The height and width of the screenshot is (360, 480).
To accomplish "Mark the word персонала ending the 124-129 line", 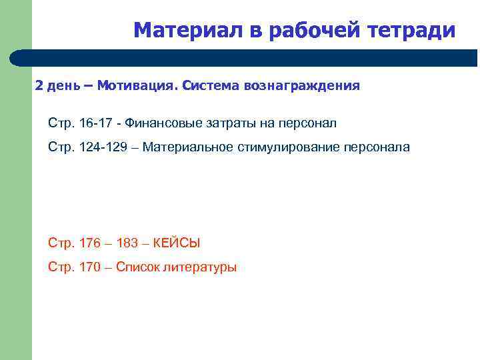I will pyautogui.click(x=377, y=147).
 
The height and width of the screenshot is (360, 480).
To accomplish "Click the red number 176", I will pyautogui.click(x=89, y=243).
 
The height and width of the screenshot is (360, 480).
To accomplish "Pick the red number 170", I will pyautogui.click(x=89, y=267).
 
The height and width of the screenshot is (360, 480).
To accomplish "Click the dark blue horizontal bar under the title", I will pyautogui.click(x=253, y=58).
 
